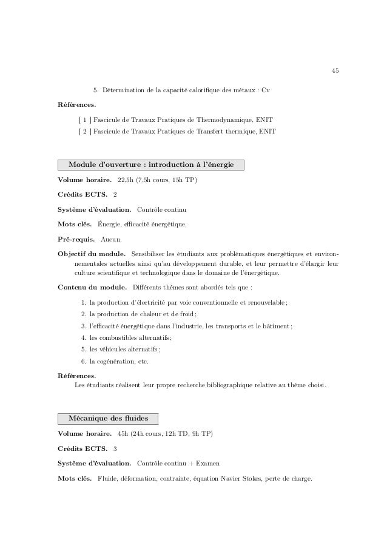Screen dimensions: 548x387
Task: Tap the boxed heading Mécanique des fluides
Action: (107, 418)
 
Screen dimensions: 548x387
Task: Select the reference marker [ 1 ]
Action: (84, 119)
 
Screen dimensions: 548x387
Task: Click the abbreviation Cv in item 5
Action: (266, 90)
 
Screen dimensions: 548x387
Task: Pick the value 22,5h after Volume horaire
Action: (126, 180)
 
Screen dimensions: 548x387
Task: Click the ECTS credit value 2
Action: (115, 195)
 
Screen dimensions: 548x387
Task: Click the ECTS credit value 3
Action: (115, 448)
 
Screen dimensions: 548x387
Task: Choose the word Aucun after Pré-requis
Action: (110, 239)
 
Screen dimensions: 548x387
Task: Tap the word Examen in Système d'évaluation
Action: (207, 464)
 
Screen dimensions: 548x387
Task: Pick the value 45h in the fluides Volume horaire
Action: (123, 434)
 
